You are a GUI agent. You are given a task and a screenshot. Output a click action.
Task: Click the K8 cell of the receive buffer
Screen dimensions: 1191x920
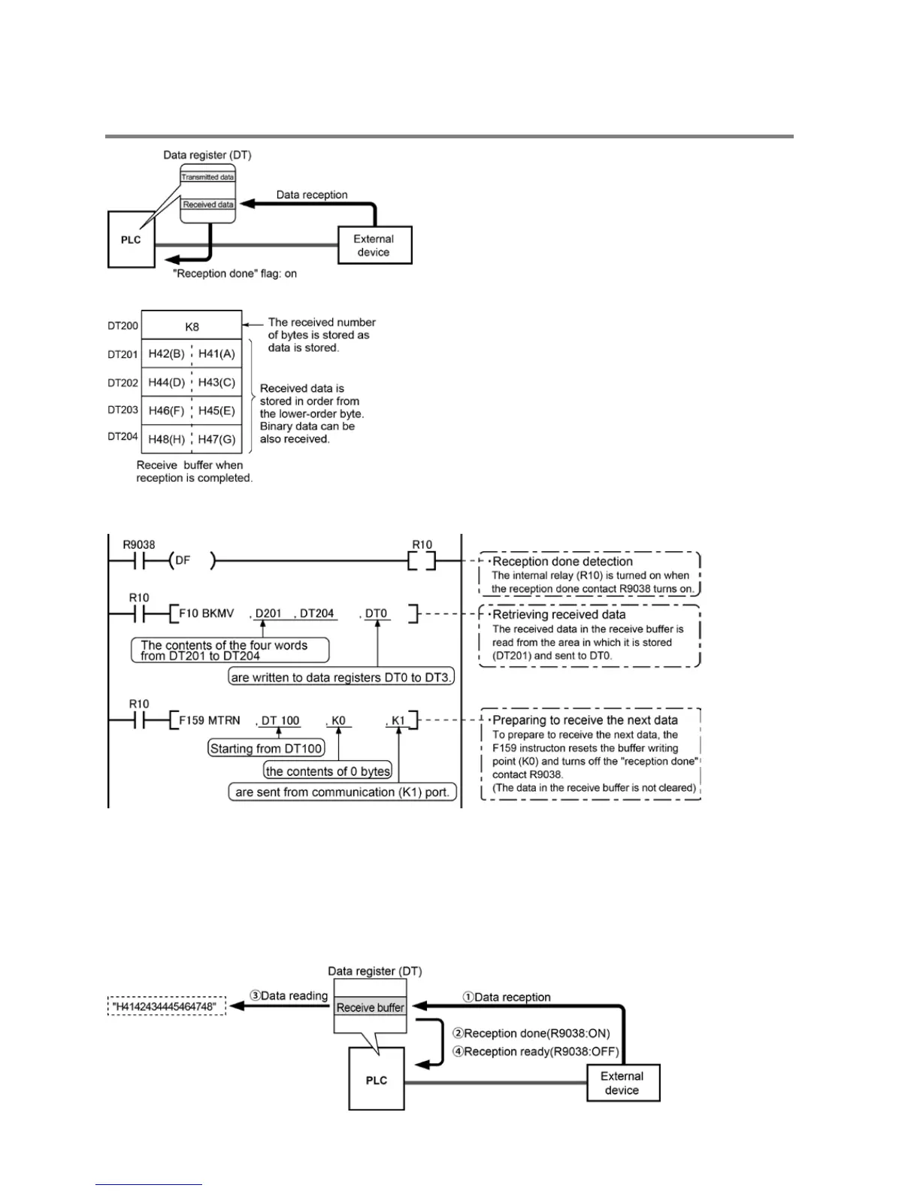[192, 326]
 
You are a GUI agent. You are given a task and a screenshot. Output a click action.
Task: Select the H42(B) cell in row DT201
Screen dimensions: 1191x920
[166, 353]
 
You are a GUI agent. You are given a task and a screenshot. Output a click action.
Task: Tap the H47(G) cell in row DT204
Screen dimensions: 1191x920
[216, 439]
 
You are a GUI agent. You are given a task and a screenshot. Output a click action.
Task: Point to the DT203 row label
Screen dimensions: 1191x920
[123, 410]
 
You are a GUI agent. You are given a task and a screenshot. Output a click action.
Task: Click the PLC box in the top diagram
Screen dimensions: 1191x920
[131, 240]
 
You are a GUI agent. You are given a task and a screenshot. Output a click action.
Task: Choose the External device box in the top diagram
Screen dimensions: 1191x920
[374, 245]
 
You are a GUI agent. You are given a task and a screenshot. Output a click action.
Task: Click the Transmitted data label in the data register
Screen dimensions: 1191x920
[207, 177]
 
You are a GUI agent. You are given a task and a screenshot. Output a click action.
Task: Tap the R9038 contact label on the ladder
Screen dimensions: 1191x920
[139, 544]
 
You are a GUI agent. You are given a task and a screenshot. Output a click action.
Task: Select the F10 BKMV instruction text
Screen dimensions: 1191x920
[207, 614]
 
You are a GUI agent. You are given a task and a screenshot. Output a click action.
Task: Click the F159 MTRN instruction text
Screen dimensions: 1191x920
[210, 720]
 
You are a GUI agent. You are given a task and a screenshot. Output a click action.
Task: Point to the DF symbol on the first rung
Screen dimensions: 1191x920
[183, 561]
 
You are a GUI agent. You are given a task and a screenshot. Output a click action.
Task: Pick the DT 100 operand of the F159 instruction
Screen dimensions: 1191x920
[280, 720]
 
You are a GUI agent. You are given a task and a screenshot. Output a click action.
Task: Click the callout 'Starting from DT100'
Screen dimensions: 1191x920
[266, 748]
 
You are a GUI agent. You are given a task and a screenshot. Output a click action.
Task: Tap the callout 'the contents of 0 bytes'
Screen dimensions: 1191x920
[328, 771]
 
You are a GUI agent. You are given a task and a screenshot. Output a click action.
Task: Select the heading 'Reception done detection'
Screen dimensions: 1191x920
[561, 562]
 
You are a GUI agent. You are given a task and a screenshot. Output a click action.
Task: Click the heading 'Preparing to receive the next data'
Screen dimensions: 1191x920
[584, 720]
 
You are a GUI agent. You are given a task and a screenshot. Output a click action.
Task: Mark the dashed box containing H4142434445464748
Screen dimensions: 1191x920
[167, 1006]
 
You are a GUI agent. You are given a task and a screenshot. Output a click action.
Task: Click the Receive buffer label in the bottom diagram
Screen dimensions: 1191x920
[370, 1008]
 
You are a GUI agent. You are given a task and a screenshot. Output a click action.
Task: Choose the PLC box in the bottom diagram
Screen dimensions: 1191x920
[377, 1080]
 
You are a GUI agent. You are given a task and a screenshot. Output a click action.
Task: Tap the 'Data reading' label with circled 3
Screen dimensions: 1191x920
[289, 996]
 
